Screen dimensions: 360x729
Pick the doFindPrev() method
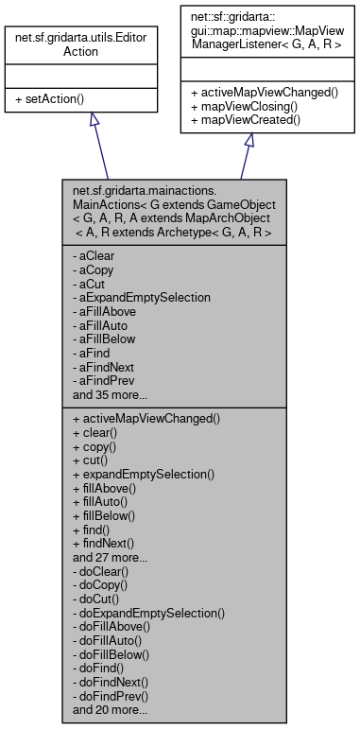click(x=114, y=694)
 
